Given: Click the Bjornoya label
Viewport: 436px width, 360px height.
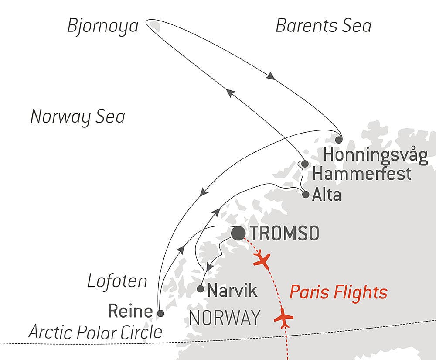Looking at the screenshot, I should [102, 26].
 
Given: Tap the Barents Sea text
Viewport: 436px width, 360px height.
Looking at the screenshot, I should [324, 26].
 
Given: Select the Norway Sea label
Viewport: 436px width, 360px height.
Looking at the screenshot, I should [78, 117].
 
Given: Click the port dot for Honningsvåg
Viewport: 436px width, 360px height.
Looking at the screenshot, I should [339, 140].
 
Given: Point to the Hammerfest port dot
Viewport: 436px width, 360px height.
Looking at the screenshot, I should [305, 164].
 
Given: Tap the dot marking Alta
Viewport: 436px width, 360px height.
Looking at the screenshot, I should [306, 194].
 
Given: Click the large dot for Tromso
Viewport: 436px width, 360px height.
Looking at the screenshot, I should [238, 233].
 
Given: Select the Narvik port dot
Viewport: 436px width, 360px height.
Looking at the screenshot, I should [200, 288].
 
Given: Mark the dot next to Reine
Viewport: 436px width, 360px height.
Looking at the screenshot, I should [160, 313].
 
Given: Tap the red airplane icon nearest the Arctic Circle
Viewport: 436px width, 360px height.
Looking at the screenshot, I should [283, 318].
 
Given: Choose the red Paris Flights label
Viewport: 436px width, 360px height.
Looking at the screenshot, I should [338, 292].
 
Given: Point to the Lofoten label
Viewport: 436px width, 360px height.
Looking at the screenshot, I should [117, 281].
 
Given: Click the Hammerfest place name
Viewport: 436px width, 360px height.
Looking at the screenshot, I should [362, 174].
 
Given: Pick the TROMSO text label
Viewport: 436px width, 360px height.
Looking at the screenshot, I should [285, 233].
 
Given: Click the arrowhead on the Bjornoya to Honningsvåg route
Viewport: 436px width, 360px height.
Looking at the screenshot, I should [270, 76].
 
